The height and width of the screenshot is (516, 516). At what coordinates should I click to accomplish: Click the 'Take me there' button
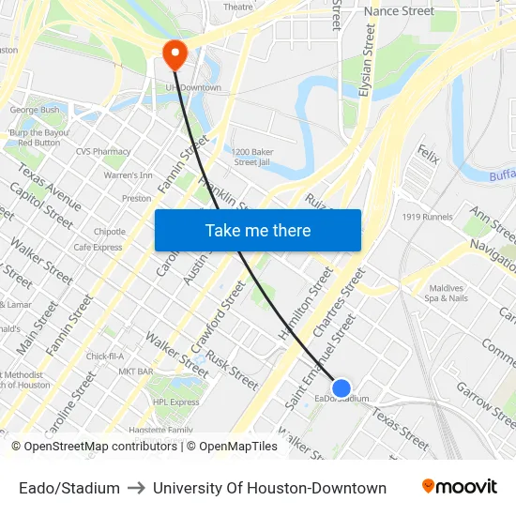point(258,230)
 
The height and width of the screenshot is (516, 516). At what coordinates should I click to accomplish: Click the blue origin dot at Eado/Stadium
point(341,387)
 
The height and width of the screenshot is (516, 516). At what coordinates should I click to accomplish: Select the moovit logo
point(460,487)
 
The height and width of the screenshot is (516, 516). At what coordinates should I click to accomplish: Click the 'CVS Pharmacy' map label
point(103,151)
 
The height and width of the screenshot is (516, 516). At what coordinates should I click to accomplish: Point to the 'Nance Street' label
point(399,11)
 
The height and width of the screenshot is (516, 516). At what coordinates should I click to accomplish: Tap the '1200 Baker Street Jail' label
point(252,157)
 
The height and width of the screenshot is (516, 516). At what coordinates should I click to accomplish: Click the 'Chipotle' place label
point(110,232)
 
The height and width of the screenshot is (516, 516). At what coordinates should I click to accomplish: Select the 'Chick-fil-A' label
point(105,357)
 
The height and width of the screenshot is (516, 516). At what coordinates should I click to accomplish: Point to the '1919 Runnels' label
point(427,217)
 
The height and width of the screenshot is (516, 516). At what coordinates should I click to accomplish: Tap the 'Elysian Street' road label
point(368,61)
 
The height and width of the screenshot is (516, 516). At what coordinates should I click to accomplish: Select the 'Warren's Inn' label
point(128,175)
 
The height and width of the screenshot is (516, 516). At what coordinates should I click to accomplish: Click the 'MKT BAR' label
point(136,372)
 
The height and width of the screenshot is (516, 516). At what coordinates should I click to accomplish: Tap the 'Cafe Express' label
point(99,248)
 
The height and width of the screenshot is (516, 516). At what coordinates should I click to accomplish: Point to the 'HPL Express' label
point(176,402)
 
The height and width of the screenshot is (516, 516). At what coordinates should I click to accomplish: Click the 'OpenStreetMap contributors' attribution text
point(96,447)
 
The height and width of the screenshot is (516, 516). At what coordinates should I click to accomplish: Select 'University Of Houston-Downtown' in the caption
point(269,488)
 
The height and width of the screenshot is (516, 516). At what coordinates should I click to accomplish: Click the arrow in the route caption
point(136,488)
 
